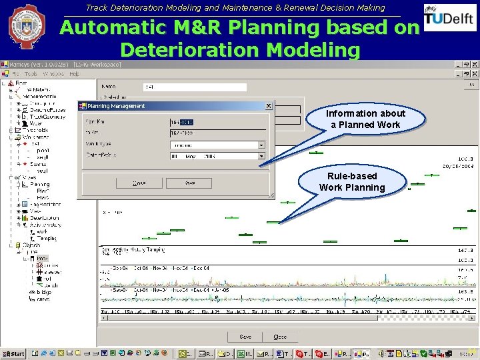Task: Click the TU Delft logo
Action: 449,19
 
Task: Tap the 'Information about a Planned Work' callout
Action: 365,119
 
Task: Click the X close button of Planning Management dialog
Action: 269,105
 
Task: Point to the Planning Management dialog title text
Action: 116,105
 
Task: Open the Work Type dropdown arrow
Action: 261,145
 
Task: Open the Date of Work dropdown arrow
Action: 261,156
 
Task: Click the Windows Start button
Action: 13,353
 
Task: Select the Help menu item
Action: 74,73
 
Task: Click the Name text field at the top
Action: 194,87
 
